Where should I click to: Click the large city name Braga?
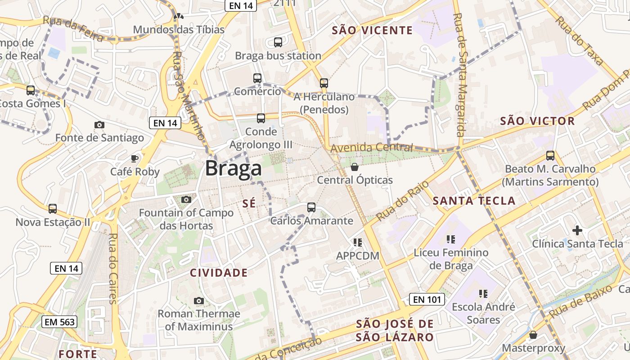233,169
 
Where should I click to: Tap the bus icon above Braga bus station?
278,42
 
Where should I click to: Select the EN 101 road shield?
427,299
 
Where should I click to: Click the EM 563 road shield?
60,322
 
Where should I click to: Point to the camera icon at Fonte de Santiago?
99,125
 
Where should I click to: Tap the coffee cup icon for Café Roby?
134,158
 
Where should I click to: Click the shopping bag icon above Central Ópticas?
355,167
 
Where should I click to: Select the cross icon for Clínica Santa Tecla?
577,231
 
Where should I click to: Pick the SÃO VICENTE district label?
372,30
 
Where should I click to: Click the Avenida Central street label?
371,148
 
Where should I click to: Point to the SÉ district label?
249,203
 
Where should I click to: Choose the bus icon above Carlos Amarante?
311,207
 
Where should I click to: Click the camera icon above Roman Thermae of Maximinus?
198,301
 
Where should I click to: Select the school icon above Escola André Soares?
483,294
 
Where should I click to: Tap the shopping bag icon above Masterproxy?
533,335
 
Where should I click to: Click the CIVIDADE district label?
219,273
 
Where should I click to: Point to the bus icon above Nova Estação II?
53,209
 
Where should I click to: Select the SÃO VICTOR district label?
537,121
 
